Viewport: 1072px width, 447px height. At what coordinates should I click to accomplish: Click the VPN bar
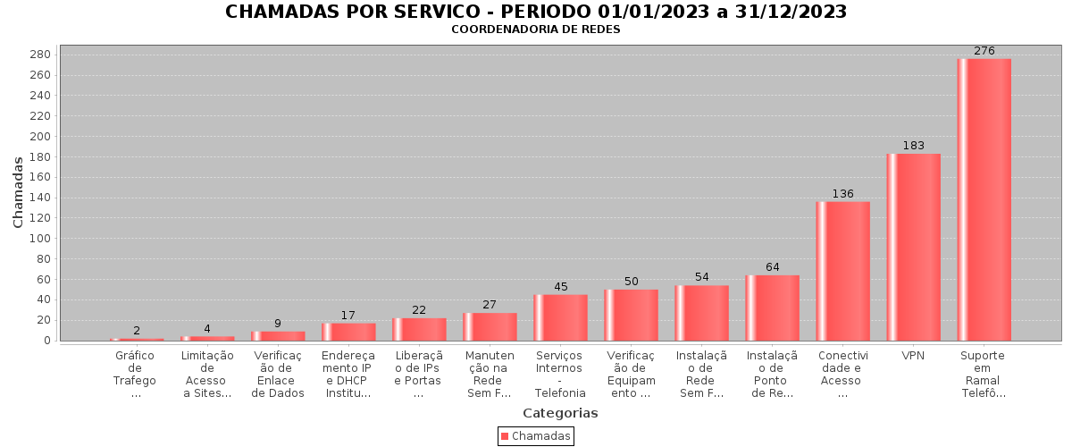tap(913, 247)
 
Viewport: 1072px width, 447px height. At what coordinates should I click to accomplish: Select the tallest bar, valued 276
tap(984, 199)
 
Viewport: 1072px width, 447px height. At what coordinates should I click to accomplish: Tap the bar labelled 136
tap(842, 271)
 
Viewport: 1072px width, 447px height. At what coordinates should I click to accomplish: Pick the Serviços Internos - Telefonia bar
tap(560, 317)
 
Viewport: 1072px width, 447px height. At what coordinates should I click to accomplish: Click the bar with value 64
tap(772, 308)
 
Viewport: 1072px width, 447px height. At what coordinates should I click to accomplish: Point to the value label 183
tap(913, 146)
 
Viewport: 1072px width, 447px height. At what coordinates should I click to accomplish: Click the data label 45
tap(560, 287)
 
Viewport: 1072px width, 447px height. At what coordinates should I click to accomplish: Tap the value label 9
tap(278, 324)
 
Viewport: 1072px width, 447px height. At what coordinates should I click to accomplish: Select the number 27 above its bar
tap(490, 305)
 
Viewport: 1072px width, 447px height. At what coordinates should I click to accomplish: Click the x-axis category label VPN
tap(913, 356)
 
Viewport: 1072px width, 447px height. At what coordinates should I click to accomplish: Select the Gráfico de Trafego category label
tap(136, 374)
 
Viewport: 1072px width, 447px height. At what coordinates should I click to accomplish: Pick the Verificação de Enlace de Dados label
tap(278, 374)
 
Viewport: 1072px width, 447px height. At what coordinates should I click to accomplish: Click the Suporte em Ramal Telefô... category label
tap(984, 374)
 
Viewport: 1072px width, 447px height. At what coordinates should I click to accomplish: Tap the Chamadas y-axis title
tap(19, 191)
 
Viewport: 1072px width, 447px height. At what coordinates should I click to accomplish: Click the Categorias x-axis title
tap(560, 413)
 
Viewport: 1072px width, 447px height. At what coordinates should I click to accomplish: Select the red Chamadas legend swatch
tap(505, 436)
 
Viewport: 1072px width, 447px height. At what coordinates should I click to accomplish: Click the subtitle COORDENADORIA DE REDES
tap(535, 30)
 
